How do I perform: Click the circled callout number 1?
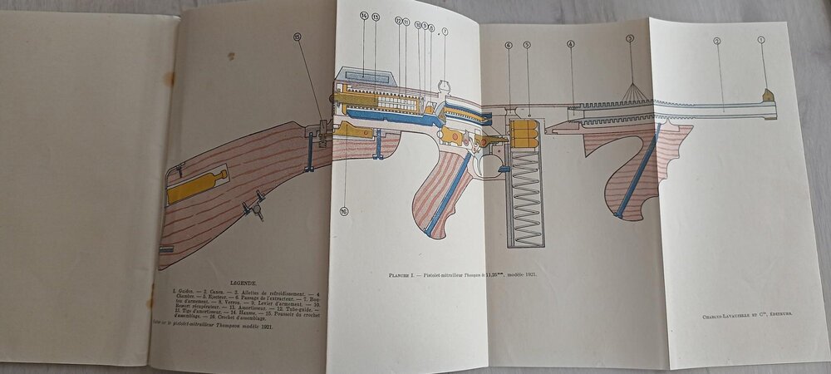[x=761, y=40]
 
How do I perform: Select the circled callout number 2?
[x=716, y=41]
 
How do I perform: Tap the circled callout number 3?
[x=630, y=38]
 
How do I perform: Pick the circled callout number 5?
[x=527, y=45]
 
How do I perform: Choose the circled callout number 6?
[x=508, y=45]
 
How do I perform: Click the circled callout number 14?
[x=364, y=16]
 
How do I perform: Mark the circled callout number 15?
[x=297, y=37]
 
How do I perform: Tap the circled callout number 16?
[x=343, y=211]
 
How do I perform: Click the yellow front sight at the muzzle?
[x=768, y=95]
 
